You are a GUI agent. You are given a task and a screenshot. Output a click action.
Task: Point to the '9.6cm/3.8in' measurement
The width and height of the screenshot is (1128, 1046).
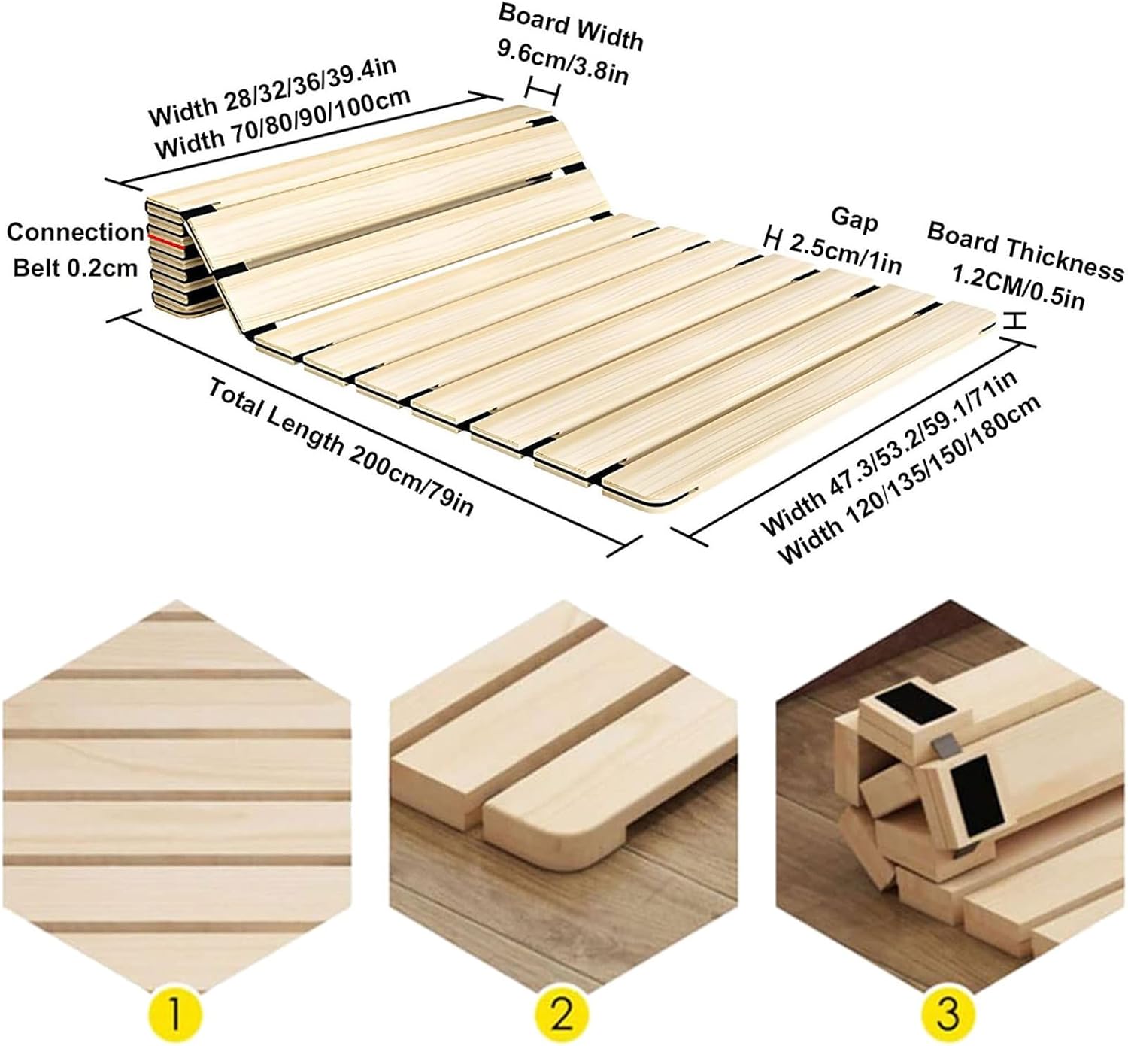[x=562, y=62]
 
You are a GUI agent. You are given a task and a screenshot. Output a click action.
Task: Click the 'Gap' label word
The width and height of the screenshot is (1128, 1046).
[x=854, y=219]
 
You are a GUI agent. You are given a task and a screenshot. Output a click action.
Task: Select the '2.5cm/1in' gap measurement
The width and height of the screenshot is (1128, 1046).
[x=844, y=253]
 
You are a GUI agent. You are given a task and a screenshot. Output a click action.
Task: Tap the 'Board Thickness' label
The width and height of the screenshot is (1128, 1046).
[x=1025, y=250]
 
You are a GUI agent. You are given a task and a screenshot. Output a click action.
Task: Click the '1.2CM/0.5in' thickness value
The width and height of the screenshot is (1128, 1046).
[x=1018, y=287]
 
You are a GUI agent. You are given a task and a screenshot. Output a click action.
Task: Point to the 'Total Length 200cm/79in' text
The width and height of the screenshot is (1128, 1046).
[x=341, y=447]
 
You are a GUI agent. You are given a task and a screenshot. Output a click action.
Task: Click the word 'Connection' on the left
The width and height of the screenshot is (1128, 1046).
[x=74, y=232]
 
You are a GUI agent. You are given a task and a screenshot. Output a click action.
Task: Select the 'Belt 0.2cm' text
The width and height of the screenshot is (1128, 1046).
[x=75, y=267]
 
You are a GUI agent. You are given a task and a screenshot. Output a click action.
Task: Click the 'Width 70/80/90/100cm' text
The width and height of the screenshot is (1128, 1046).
[x=282, y=124]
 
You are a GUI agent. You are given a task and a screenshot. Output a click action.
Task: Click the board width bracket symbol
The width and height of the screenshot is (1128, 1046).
[x=542, y=91]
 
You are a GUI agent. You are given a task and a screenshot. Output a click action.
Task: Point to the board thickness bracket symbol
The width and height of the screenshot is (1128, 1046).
[x=1016, y=320]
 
